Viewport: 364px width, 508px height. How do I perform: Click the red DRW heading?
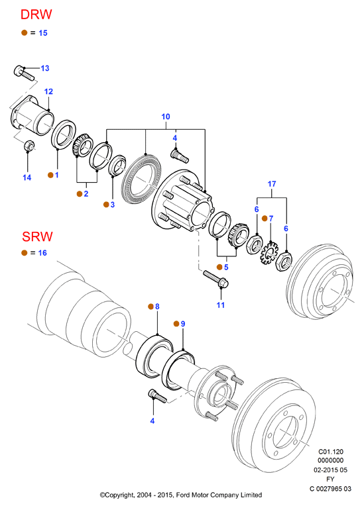36,15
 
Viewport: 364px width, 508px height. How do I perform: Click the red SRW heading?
37,236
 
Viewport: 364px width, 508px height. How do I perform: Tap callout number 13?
45,68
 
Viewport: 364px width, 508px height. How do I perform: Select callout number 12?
48,91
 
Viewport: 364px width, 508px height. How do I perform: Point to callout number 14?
27,178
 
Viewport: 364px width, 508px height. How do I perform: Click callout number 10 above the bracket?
166,117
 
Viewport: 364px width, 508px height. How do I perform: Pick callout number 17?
272,184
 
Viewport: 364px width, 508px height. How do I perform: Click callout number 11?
221,305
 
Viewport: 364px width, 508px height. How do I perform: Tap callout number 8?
157,307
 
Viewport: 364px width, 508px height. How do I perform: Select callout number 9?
183,324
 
